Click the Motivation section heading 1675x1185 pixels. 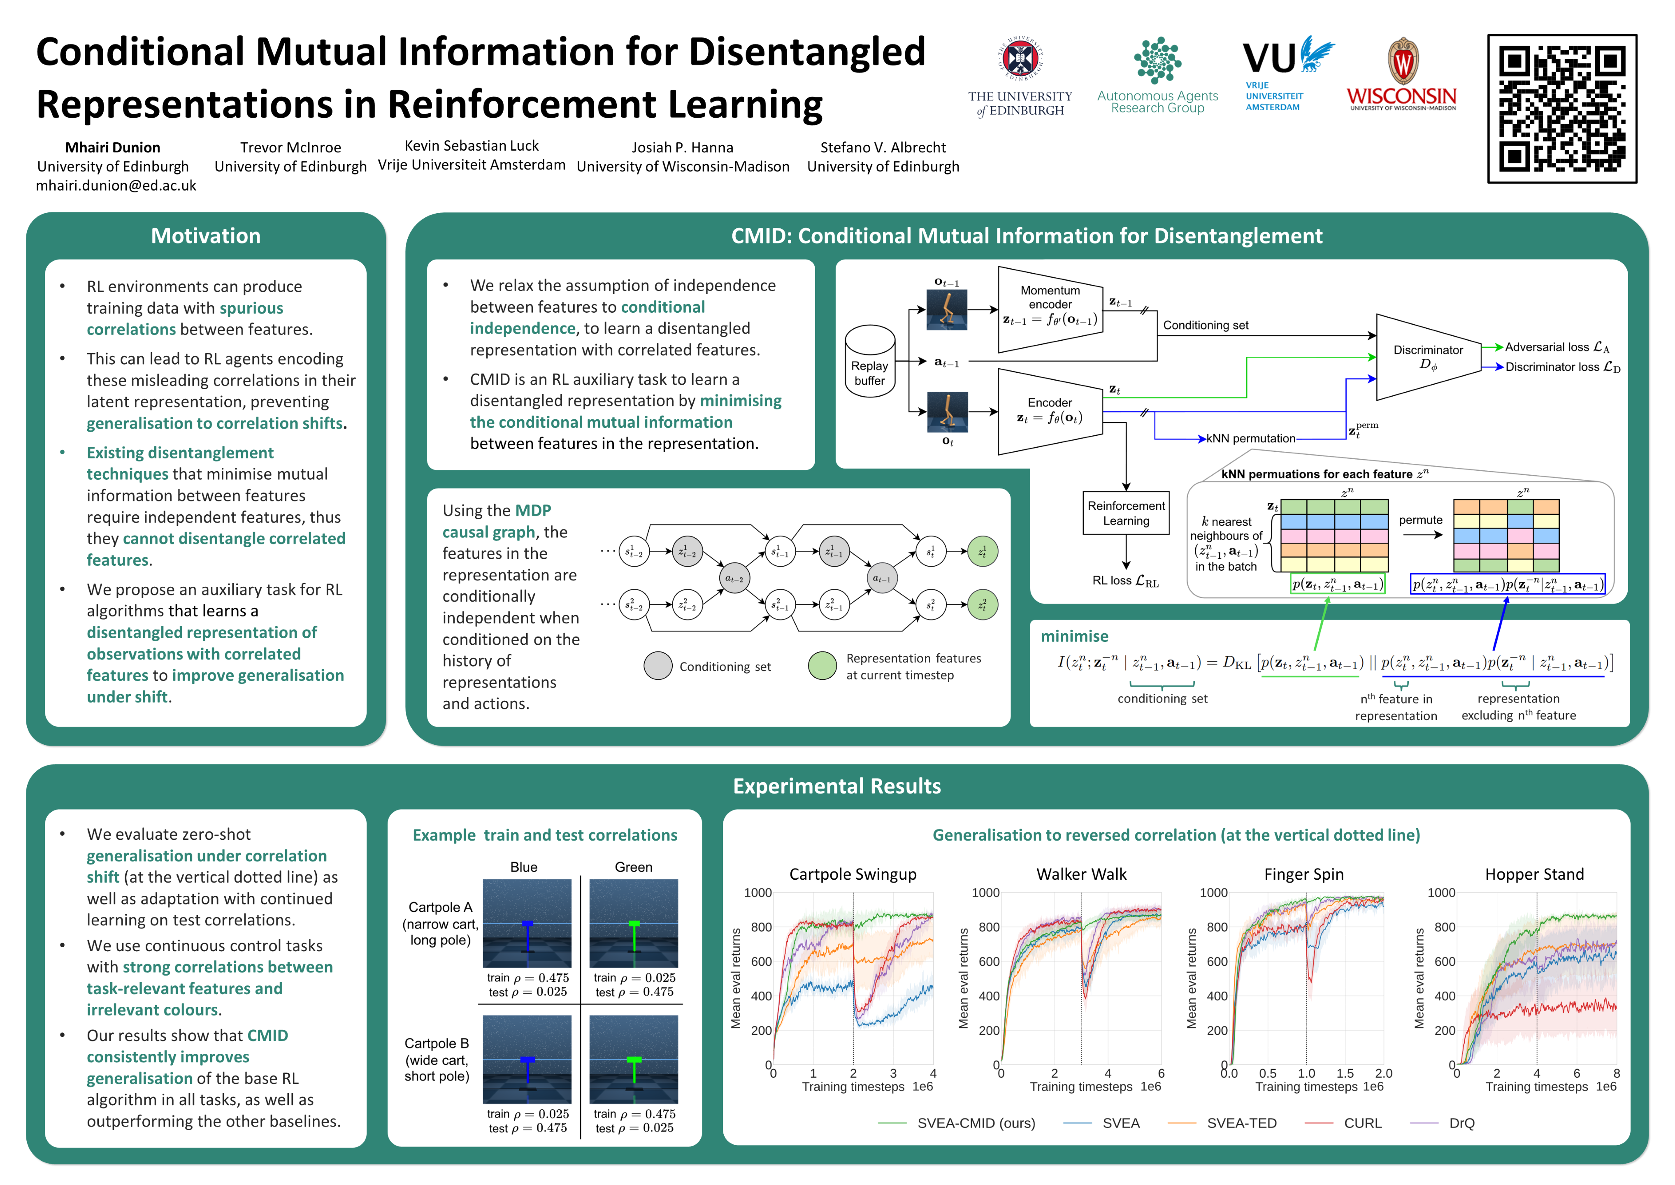coord(206,236)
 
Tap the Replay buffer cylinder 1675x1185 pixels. coord(870,361)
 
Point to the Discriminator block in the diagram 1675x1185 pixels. coord(1428,357)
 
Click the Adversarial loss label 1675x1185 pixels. coord(1556,347)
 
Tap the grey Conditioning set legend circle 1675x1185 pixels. coord(657,665)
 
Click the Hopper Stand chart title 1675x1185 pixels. coord(1534,874)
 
